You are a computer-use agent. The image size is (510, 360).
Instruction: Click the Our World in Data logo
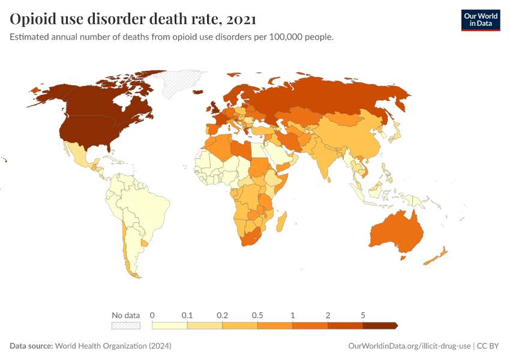click(480, 20)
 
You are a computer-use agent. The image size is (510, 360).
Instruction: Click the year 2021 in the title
click(241, 19)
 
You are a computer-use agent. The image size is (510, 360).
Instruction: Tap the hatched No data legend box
click(126, 325)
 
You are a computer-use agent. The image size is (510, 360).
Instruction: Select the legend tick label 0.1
click(187, 315)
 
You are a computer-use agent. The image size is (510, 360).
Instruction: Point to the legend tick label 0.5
click(257, 315)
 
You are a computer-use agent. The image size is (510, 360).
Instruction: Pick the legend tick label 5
click(362, 315)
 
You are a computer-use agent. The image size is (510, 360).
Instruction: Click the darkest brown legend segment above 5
click(379, 325)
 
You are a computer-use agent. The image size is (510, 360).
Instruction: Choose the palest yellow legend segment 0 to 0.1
click(170, 325)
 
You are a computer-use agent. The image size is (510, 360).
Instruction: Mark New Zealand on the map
click(434, 257)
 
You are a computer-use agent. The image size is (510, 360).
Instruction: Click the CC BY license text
click(488, 346)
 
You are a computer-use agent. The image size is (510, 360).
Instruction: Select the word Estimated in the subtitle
click(31, 37)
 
